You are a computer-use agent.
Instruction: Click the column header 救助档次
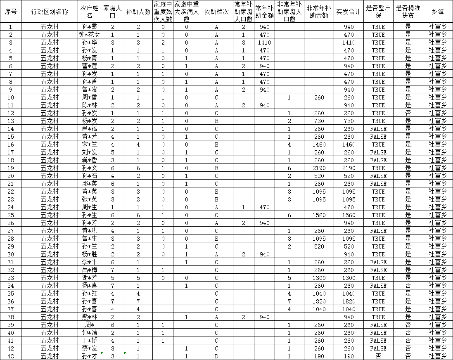(x=216, y=12)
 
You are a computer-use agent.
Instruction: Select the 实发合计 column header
(x=349, y=12)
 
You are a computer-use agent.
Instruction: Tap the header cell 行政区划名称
(x=50, y=12)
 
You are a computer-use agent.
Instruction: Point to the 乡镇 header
(x=438, y=12)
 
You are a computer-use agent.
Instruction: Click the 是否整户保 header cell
(x=378, y=12)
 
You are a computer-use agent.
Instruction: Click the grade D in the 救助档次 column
(x=216, y=356)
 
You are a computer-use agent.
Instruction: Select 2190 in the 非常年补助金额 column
(x=319, y=168)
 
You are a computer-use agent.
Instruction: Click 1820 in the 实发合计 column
(x=349, y=301)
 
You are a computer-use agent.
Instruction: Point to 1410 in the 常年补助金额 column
(x=264, y=43)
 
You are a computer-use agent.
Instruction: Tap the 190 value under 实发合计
(x=349, y=356)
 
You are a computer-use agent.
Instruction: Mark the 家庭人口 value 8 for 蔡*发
(x=112, y=348)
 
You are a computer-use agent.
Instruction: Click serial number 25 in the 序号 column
(x=11, y=215)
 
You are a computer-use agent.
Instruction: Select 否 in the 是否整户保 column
(x=378, y=356)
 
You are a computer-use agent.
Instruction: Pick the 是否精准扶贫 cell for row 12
(x=408, y=113)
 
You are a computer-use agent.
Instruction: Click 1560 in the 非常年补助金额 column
(x=319, y=215)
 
